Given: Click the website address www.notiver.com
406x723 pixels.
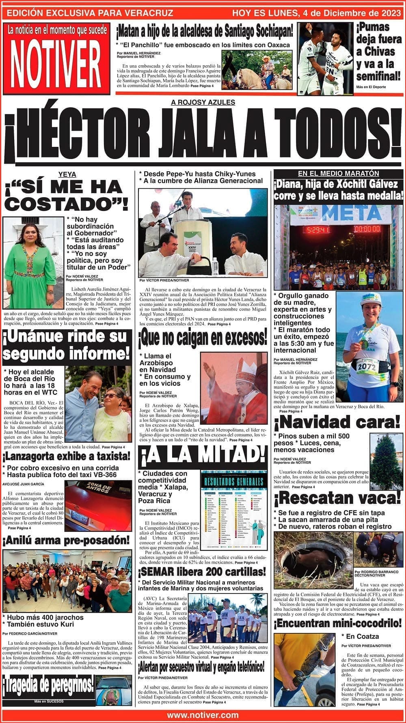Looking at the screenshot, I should pos(203,715).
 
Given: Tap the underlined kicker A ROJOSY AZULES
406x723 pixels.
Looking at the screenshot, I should pos(203,103).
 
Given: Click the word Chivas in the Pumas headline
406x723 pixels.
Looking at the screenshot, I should pos(376,52).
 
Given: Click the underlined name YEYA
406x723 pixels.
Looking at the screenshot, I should pos(67,174).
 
